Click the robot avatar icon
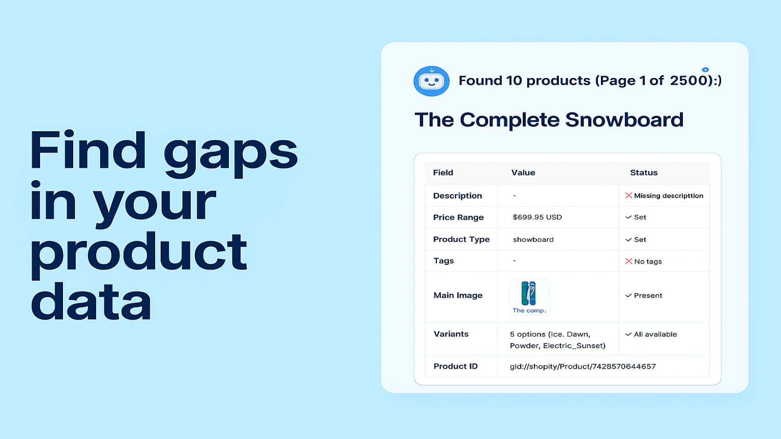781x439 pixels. [x=431, y=81]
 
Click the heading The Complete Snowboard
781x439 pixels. [x=549, y=120]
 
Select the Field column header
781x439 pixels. [x=443, y=173]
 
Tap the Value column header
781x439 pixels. [x=523, y=173]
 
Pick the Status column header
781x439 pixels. [x=643, y=173]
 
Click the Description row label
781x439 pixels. [x=457, y=196]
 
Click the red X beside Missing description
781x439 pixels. [x=629, y=196]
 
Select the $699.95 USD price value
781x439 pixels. [x=537, y=217]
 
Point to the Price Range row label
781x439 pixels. [x=458, y=217]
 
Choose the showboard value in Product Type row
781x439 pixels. [x=533, y=239]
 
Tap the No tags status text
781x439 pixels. [x=648, y=261]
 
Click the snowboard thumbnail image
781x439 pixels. [x=529, y=294]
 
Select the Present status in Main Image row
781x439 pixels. [x=648, y=296]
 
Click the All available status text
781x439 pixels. [x=655, y=334]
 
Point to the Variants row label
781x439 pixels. [x=451, y=334]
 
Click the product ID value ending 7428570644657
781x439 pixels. [x=583, y=366]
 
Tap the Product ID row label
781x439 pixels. [x=455, y=366]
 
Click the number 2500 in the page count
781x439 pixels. [x=688, y=80]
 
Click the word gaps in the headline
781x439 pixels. [x=230, y=152]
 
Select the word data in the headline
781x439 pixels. [x=91, y=302]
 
